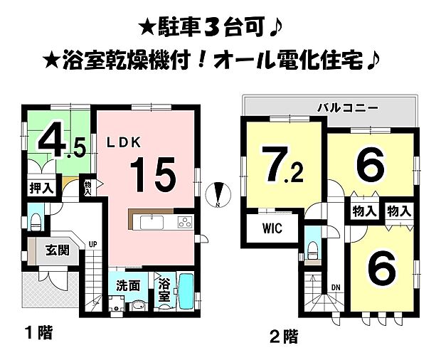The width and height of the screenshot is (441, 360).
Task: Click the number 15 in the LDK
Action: [x=152, y=173]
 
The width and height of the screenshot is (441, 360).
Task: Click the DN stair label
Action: [x=336, y=287]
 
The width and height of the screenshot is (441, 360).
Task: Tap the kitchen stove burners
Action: [x=184, y=223]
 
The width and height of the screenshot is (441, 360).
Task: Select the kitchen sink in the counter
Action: [x=152, y=223]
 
